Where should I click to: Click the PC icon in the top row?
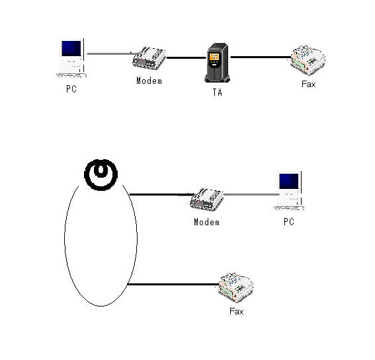coord(71,58)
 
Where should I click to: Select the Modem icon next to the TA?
coord(149,58)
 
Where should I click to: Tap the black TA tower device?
coord(218,63)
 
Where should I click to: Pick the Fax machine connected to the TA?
coord(308,60)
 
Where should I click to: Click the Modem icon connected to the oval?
coord(206,199)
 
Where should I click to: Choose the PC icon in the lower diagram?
coord(289,191)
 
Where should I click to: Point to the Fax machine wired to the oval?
coord(236,287)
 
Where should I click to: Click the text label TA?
coord(218,92)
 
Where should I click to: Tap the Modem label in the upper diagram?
coord(149,81)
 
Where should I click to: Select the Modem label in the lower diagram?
coord(206,222)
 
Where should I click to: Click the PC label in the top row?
coord(71,89)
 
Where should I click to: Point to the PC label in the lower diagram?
coord(289,222)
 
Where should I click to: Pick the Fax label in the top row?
coord(308,84)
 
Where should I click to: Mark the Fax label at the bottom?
coord(237,311)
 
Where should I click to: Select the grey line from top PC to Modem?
coord(110,54)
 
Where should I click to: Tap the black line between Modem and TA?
coord(186,57)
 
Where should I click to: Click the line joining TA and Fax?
coord(261,57)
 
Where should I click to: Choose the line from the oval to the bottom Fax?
coord(173,284)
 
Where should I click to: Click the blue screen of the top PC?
coord(71,48)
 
